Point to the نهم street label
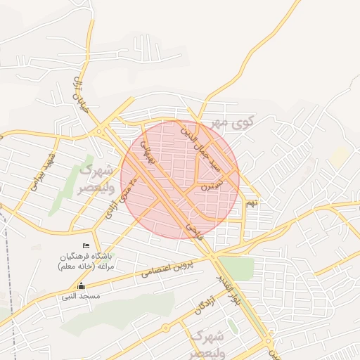252,202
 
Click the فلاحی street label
195,231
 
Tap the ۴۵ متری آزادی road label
119,198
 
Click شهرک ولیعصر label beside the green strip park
92,179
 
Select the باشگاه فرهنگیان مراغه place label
89,261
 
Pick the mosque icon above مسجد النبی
82,285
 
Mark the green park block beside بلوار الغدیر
236,269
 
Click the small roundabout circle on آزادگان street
166,328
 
